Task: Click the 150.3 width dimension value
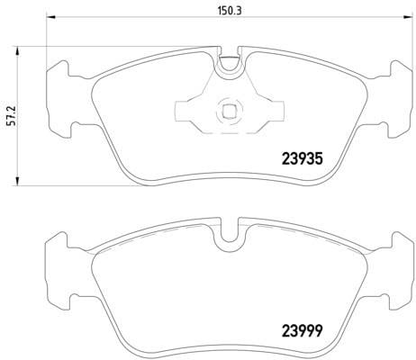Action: click(230, 11)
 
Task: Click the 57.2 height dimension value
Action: click(12, 115)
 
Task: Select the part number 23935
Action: click(303, 159)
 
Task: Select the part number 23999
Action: click(303, 331)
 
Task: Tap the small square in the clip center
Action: click(229, 112)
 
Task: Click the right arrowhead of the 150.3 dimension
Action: click(407, 17)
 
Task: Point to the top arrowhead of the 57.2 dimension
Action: click(17, 50)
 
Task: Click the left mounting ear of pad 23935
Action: click(59, 99)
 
